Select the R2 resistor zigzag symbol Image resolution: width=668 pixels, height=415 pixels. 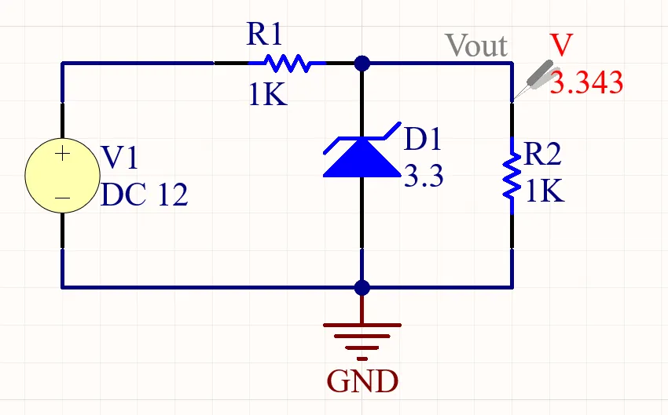[512, 176]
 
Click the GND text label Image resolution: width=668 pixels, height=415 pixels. [362, 382]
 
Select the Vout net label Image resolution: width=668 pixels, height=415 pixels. [476, 46]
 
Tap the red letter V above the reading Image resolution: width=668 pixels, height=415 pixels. [561, 46]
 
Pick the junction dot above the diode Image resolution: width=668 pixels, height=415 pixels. [362, 63]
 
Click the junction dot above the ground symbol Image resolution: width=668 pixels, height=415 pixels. [362, 287]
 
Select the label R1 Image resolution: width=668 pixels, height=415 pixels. [264, 34]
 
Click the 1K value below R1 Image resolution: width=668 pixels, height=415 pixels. [268, 95]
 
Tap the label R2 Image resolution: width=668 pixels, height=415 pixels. [543, 155]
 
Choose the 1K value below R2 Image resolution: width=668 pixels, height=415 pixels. [545, 191]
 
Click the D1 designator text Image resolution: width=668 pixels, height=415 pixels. [423, 140]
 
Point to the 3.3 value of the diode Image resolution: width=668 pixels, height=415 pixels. [424, 177]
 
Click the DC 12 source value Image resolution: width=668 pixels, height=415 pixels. [145, 195]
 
